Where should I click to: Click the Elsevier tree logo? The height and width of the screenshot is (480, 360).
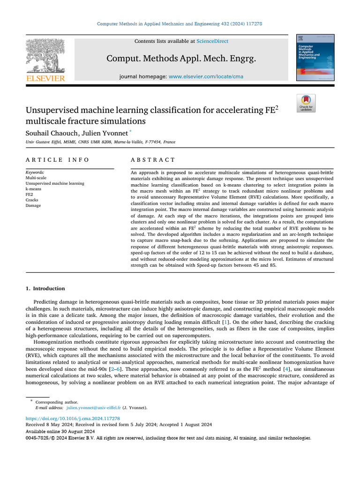point(45,56)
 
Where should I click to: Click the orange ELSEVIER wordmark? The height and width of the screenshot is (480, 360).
point(45,78)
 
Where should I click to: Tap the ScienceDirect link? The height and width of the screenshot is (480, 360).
point(212,41)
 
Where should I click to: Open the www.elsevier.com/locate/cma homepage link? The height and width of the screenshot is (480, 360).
point(206,76)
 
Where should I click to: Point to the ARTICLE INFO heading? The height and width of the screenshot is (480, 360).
point(57,160)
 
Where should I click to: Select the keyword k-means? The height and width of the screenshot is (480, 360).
point(34,189)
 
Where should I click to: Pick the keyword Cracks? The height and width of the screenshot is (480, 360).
point(32,200)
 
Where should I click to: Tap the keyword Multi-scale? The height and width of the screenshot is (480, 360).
point(36,178)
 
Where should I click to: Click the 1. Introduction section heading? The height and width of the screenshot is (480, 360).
point(45,288)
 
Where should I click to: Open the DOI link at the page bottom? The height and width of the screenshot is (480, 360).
point(73,418)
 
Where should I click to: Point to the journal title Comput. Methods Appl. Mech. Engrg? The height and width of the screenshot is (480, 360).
point(181,59)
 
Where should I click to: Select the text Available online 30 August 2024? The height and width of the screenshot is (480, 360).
point(60,431)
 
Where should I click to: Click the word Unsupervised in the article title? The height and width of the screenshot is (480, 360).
point(57,111)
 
